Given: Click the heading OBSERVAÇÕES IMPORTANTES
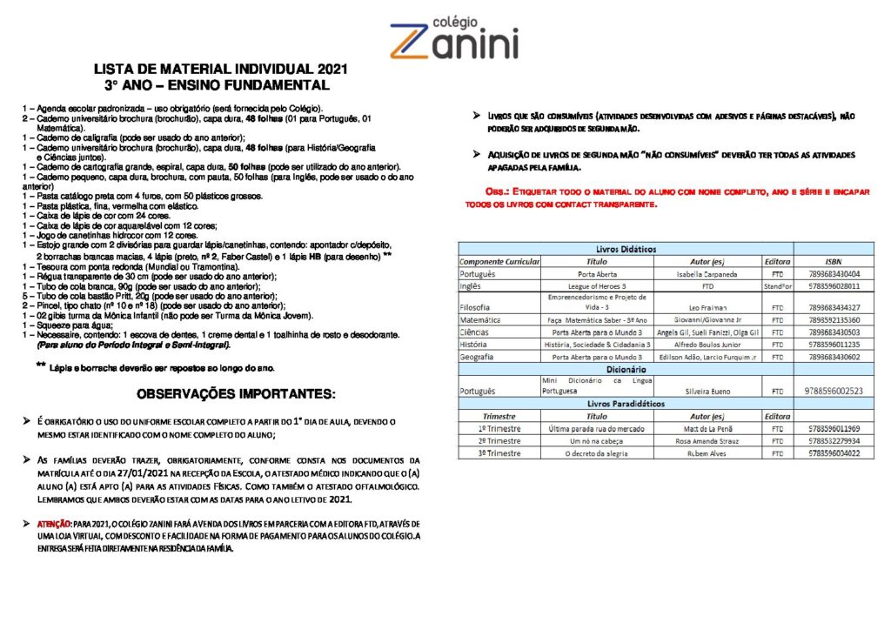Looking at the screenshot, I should click(235, 394).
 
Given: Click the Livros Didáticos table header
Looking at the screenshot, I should click(626, 249).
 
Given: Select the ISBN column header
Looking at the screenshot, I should click(833, 260).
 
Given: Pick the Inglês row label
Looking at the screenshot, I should click(472, 285).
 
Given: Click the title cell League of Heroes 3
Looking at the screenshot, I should click(596, 285).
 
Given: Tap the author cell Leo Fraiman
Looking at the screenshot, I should click(707, 307).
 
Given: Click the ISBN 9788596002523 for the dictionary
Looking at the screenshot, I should click(834, 392).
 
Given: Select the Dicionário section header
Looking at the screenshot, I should click(626, 369).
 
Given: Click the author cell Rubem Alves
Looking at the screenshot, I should click(707, 452).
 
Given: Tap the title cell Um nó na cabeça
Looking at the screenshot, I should click(596, 440).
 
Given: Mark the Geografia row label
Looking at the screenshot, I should click(477, 357).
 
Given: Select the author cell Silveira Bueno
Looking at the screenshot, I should click(707, 392).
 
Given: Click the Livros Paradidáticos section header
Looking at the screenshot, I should click(626, 404).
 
